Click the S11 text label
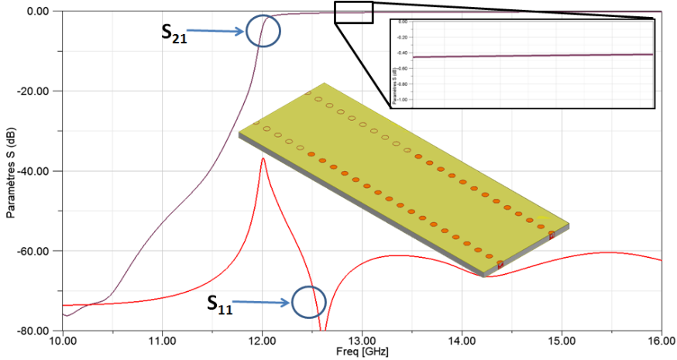click(219, 303)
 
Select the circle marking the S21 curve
click(263, 31)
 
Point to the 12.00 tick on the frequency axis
click(262, 340)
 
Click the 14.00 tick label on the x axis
click(462, 340)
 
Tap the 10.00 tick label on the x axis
click(62, 340)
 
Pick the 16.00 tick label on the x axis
click(660, 340)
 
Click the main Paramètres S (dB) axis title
click(11, 171)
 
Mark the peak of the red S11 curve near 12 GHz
click(263, 159)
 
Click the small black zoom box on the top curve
click(354, 12)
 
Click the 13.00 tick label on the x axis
click(362, 340)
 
